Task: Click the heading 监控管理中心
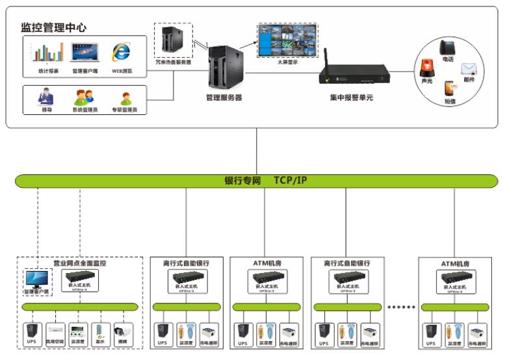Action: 54,27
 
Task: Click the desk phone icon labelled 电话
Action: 447,47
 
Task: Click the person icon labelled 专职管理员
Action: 125,98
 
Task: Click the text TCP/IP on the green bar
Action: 290,181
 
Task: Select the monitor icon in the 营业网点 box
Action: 36,280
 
